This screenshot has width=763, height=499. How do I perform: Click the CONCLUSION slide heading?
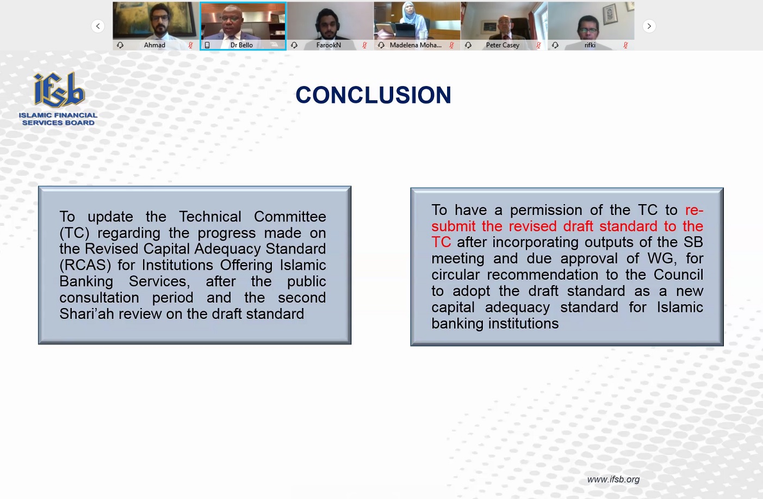click(x=373, y=95)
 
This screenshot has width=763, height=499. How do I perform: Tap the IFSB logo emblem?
click(x=59, y=90)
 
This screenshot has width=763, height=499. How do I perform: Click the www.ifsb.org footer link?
click(x=613, y=479)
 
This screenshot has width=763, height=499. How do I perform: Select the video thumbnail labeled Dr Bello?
click(x=243, y=26)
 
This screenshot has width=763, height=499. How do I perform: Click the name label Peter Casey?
click(x=503, y=45)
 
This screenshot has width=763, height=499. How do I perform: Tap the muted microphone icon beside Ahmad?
click(x=191, y=45)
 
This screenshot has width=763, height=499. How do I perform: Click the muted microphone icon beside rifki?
click(x=626, y=45)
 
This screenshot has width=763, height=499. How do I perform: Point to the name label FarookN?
click(x=328, y=45)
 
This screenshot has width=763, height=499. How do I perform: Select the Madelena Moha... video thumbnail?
click(x=417, y=26)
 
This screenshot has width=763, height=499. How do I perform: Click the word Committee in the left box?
click(x=290, y=217)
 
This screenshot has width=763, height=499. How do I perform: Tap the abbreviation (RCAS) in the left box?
click(x=85, y=265)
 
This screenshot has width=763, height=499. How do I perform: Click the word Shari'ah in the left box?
click(x=86, y=313)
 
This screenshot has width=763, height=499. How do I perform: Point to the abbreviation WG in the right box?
click(x=660, y=258)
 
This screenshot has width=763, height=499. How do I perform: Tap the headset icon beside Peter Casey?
click(x=468, y=45)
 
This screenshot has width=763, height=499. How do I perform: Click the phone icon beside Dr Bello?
click(x=207, y=45)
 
